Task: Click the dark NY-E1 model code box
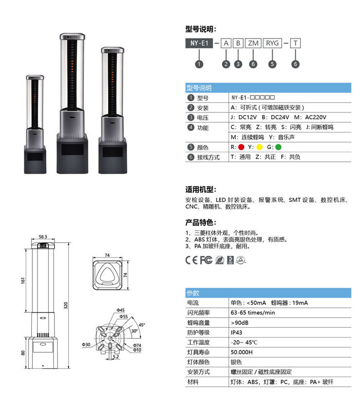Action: (x=199, y=43)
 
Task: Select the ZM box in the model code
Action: (x=253, y=43)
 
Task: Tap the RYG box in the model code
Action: (x=272, y=43)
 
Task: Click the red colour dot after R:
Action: (x=241, y=147)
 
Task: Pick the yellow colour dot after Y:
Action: (x=260, y=147)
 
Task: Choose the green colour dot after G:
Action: (x=278, y=147)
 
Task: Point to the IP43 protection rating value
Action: (x=237, y=332)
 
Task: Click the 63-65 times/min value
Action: (x=253, y=313)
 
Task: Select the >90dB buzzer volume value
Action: (x=240, y=323)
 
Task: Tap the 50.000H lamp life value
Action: (x=242, y=352)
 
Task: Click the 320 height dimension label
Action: (x=66, y=305)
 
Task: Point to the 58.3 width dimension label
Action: (x=43, y=237)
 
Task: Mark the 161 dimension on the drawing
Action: (x=23, y=281)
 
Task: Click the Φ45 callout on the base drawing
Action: (x=121, y=310)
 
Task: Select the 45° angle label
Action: (x=142, y=325)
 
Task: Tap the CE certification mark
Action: (x=191, y=260)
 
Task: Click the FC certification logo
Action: (x=206, y=260)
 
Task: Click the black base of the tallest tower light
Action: (x=73, y=153)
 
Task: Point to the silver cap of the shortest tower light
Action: (x=35, y=78)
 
